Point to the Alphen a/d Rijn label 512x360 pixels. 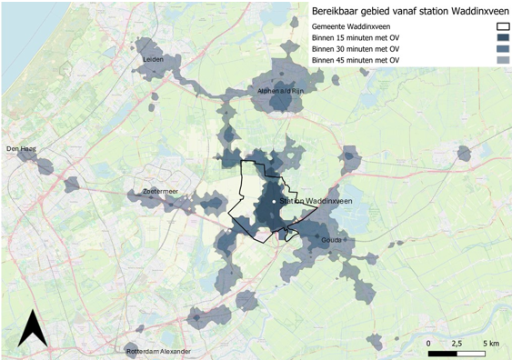276,91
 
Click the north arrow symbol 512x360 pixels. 33,329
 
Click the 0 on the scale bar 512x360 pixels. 428,342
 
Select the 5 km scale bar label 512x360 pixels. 491,342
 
